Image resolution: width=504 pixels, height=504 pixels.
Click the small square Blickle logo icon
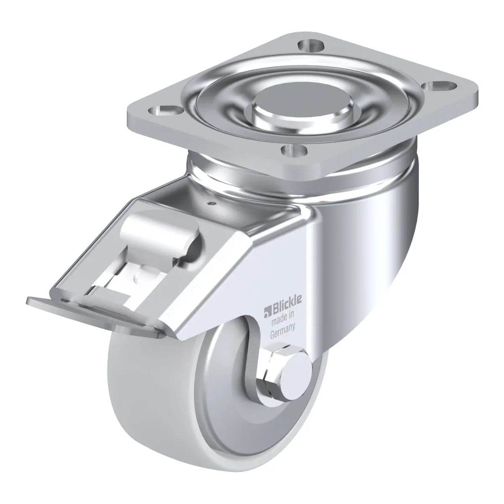coord(267,312)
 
